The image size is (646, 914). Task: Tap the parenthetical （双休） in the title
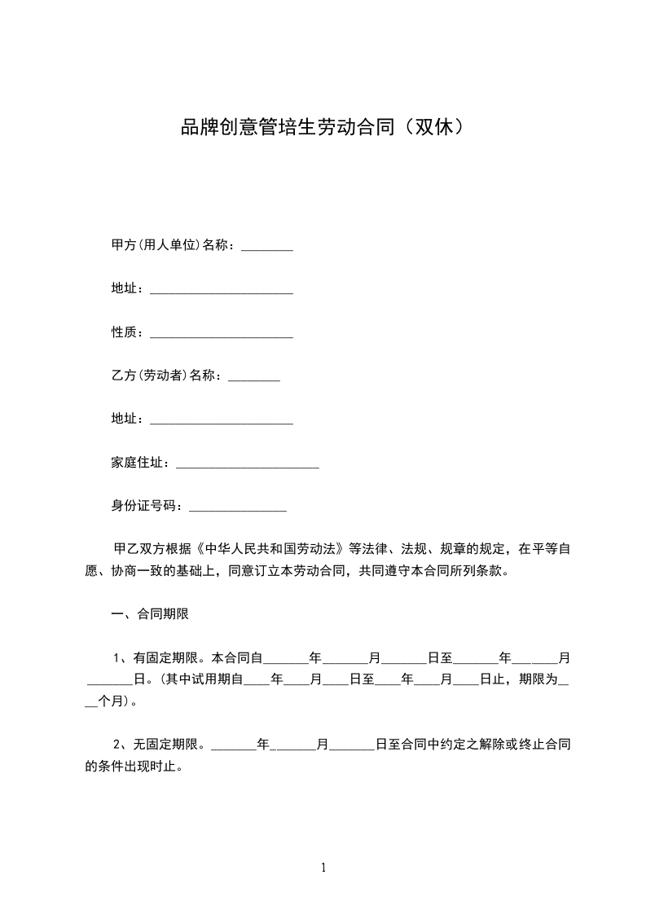[x=440, y=128]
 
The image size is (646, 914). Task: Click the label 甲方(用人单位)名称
[x=173, y=245]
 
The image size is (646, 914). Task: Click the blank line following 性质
[x=222, y=335]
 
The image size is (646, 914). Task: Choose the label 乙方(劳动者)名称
[x=166, y=376]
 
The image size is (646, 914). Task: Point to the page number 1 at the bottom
[x=323, y=868]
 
